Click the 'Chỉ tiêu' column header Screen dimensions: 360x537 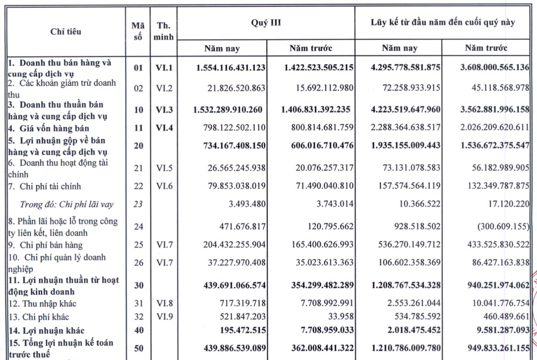click(x=65, y=32)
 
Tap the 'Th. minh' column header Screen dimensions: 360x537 click(x=164, y=32)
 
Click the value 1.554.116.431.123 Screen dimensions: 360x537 click(x=231, y=68)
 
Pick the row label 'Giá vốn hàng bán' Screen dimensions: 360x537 click(x=52, y=128)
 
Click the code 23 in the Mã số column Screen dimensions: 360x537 click(x=138, y=204)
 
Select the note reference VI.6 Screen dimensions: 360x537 click(x=164, y=187)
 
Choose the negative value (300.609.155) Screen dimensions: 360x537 click(x=502, y=226)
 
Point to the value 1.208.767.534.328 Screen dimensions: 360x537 click(x=406, y=286)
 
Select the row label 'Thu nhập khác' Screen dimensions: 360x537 click(x=44, y=304)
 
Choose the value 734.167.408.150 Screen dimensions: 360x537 click(x=231, y=146)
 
